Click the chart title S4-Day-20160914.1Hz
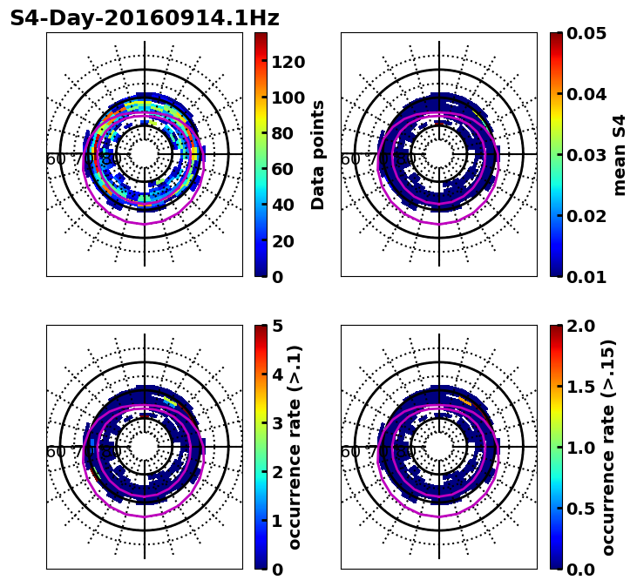coord(145,18)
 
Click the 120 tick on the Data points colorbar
coord(288,61)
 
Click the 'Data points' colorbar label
coord(318,154)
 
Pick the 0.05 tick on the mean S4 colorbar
coord(586,33)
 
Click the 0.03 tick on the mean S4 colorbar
coord(586,155)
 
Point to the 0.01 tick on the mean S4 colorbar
coord(586,277)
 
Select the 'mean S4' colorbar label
coord(620,154)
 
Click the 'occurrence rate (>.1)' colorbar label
coord(295,447)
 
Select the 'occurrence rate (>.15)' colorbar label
coord(608,447)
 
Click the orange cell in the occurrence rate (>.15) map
coord(466,401)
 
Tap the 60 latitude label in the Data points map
coord(56,159)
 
